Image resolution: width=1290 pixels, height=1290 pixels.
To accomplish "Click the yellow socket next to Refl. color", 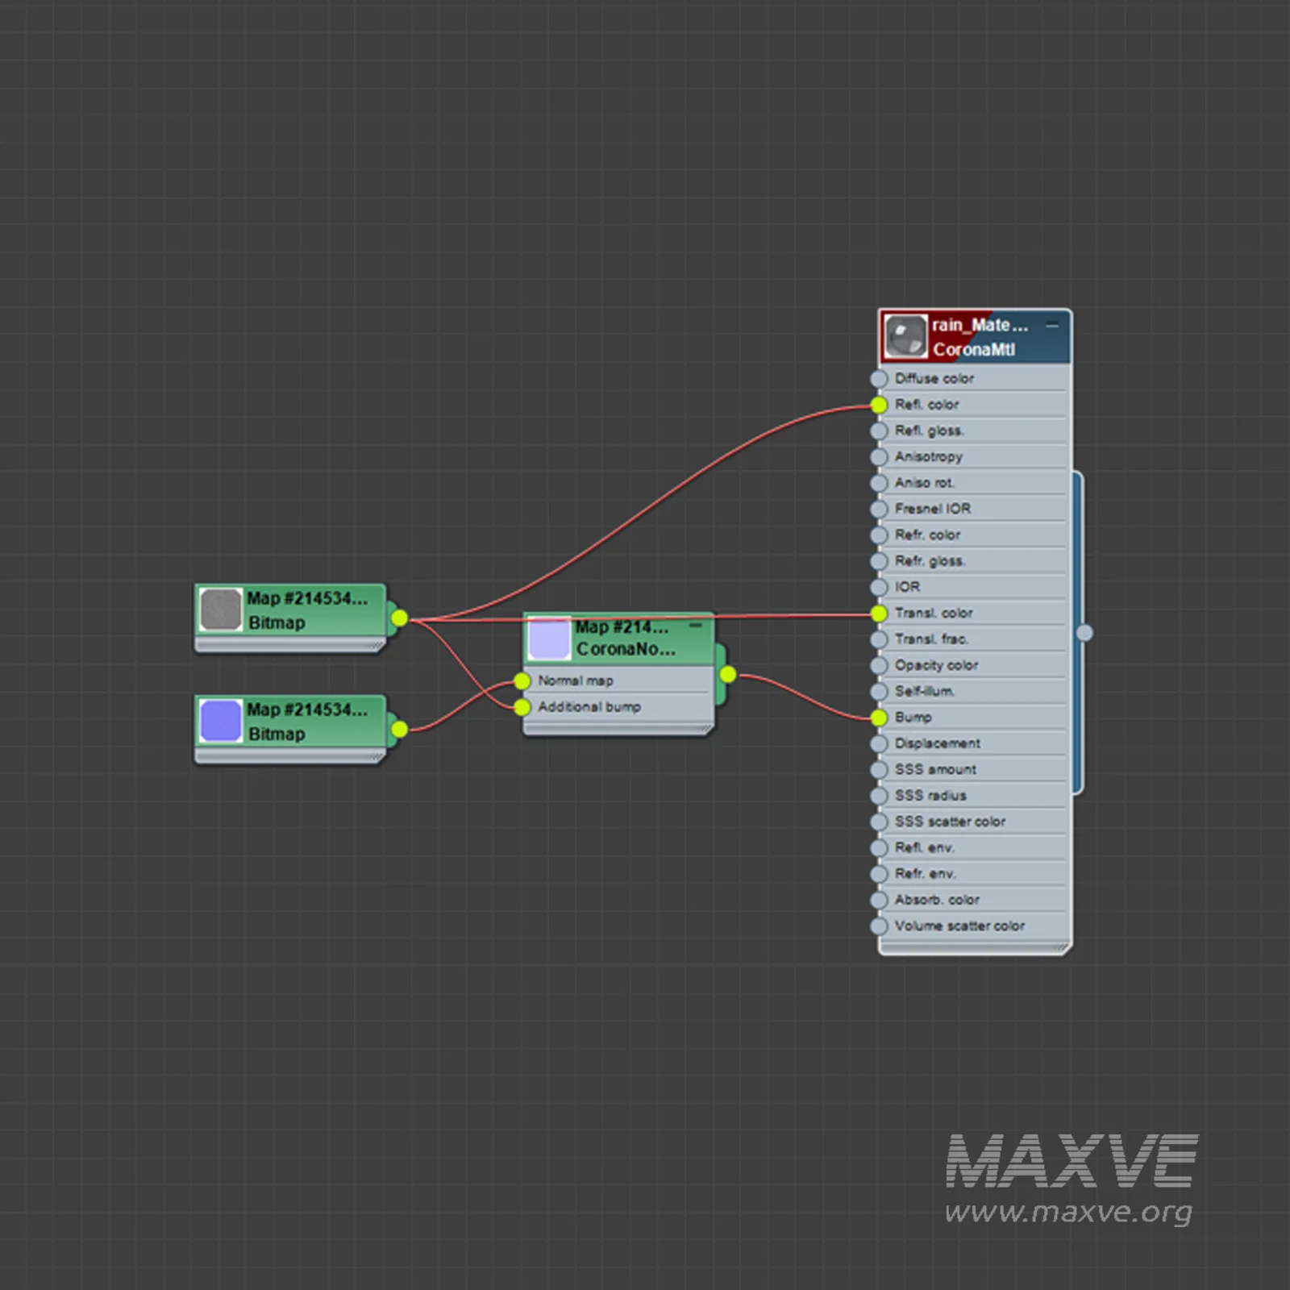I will pos(879,405).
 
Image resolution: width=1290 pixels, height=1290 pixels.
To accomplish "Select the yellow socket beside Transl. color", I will pos(879,614).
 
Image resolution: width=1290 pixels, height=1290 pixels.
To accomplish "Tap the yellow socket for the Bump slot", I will pos(879,718).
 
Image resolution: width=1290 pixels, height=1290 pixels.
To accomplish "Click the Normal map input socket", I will pos(522,681).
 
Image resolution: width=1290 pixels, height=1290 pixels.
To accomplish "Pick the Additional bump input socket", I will pos(522,707).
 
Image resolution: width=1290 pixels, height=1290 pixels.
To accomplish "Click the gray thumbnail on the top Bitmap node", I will pos(221,610).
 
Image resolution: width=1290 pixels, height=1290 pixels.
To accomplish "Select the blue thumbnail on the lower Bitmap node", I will pos(221,721).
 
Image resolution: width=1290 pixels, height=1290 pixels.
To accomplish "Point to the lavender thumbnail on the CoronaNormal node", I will pos(549,638).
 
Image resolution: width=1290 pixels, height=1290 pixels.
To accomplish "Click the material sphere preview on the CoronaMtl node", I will pos(905,336).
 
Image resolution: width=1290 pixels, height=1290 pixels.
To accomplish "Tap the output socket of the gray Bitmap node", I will pos(399,618).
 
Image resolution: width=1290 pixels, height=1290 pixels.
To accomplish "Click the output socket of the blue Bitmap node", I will pos(399,730).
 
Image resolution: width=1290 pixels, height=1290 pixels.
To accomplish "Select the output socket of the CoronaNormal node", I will pos(727,674).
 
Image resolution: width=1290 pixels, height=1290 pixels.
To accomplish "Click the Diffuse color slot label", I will pos(934,378).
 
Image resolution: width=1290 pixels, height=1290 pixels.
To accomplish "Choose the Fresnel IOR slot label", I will pos(932,509).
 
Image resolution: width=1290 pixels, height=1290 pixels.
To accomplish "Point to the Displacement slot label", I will pos(937,743).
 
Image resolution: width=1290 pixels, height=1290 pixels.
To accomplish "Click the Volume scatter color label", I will pos(959,926).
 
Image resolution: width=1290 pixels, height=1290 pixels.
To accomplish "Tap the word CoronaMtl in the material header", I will pos(974,350).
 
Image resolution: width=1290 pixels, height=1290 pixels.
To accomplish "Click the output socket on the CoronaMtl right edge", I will pos(1084,633).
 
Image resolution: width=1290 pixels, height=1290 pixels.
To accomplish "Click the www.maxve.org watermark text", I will pos(1068,1212).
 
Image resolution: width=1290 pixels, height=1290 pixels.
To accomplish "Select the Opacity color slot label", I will pos(936,665).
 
